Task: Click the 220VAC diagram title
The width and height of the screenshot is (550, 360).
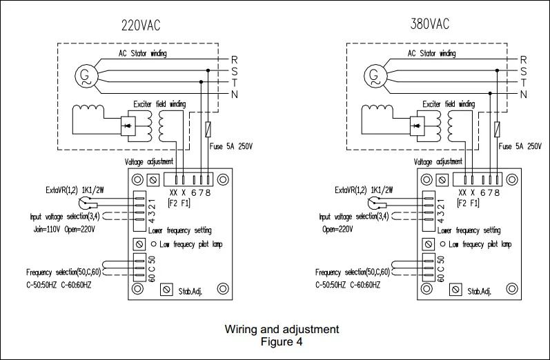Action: tap(141, 26)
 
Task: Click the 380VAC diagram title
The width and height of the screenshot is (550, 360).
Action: tap(430, 24)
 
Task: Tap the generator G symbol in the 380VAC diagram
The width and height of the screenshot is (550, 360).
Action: tap(375, 76)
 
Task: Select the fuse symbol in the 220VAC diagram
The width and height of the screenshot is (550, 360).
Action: tap(208, 129)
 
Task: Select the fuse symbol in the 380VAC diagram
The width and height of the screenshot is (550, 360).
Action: tap(497, 129)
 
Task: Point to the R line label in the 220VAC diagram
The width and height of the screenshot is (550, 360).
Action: tap(235, 60)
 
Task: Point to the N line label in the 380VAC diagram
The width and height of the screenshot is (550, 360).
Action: tap(524, 94)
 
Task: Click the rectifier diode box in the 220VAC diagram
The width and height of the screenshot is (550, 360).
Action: tap(128, 126)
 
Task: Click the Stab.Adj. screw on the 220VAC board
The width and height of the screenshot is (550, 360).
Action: tap(166, 290)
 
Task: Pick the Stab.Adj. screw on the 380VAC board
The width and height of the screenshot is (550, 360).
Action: tap(455, 290)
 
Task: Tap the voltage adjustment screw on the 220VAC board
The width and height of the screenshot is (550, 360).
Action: tap(153, 180)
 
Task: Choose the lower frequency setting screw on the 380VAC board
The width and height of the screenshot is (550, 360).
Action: tap(428, 244)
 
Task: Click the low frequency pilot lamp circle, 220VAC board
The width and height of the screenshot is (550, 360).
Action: tap(154, 244)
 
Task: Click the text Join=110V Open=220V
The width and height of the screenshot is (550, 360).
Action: tap(64, 230)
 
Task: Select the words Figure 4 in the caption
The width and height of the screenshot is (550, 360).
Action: tap(282, 341)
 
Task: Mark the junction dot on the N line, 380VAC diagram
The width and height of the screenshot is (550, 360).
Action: tap(490, 93)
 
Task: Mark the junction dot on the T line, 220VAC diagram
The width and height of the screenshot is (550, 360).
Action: tap(201, 81)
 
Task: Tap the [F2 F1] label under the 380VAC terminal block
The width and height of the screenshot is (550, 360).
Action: tap(469, 203)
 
